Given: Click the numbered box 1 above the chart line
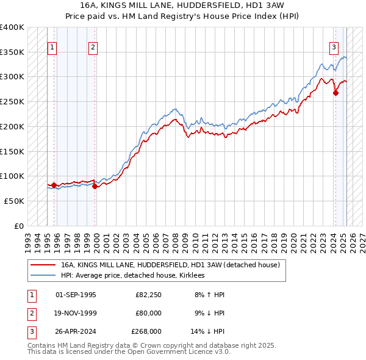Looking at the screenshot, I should click(52, 48).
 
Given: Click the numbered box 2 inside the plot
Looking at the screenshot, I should click(93, 48).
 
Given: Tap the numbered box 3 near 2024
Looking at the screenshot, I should click(334, 48).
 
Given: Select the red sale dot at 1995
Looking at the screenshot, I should click(54, 185).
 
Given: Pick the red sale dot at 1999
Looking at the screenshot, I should click(95, 186).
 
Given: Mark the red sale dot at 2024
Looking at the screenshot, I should click(335, 93).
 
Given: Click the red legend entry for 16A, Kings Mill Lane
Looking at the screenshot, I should click(170, 265).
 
